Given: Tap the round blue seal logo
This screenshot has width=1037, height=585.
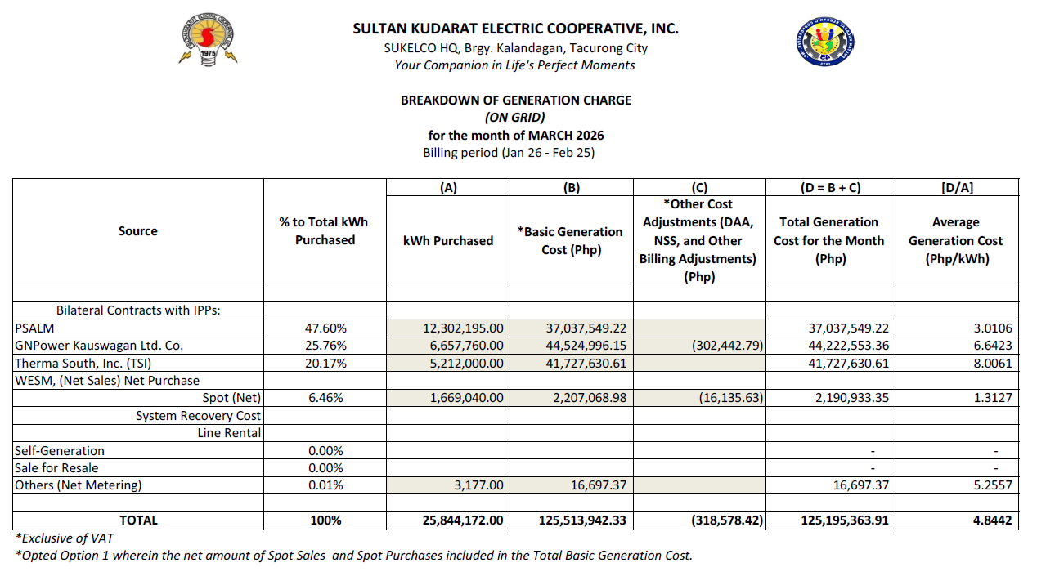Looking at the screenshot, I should pyautogui.click(x=827, y=44).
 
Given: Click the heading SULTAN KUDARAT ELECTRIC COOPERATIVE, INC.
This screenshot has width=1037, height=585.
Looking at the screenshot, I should pyautogui.click(x=515, y=29).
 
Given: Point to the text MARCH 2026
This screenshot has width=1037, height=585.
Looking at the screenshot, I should pyautogui.click(x=566, y=135).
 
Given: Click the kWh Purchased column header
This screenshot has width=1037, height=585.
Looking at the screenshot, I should pyautogui.click(x=447, y=240).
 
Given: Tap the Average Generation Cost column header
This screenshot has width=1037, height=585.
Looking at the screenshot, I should pyautogui.click(x=955, y=240).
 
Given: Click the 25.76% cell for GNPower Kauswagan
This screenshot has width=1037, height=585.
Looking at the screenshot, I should pyautogui.click(x=325, y=346).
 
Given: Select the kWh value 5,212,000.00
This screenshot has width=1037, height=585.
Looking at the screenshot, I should pyautogui.click(x=463, y=363).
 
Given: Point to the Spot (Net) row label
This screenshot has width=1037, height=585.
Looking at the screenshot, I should pyautogui.click(x=231, y=398).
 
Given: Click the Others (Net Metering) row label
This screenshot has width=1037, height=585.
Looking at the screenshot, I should pyautogui.click(x=79, y=485).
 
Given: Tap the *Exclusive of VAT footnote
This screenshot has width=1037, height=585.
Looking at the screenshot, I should pyautogui.click(x=65, y=538).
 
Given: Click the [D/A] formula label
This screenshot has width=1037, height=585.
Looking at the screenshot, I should pyautogui.click(x=957, y=188).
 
